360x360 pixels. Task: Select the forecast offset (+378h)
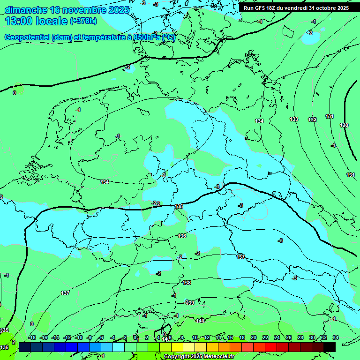(x=83, y=21)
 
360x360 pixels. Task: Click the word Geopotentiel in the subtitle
(x=27, y=37)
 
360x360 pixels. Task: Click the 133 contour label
(x=294, y=120)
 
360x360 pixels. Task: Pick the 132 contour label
(x=312, y=120)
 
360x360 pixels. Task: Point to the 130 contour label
(x=344, y=125)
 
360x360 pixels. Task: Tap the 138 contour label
(x=187, y=283)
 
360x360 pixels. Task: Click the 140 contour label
(x=200, y=321)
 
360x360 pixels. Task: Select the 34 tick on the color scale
(x=336, y=337)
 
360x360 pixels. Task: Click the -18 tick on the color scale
(x=32, y=337)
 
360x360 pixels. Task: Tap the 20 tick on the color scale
(x=254, y=337)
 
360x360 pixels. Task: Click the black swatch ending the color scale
(x=330, y=347)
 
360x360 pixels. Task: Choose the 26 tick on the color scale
(x=289, y=337)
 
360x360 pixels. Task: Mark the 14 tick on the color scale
(x=218, y=337)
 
